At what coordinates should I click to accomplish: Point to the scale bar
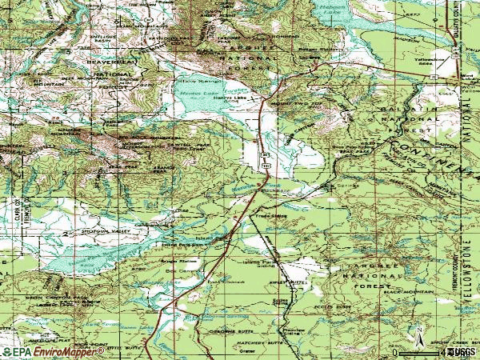[x=424, y=351]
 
